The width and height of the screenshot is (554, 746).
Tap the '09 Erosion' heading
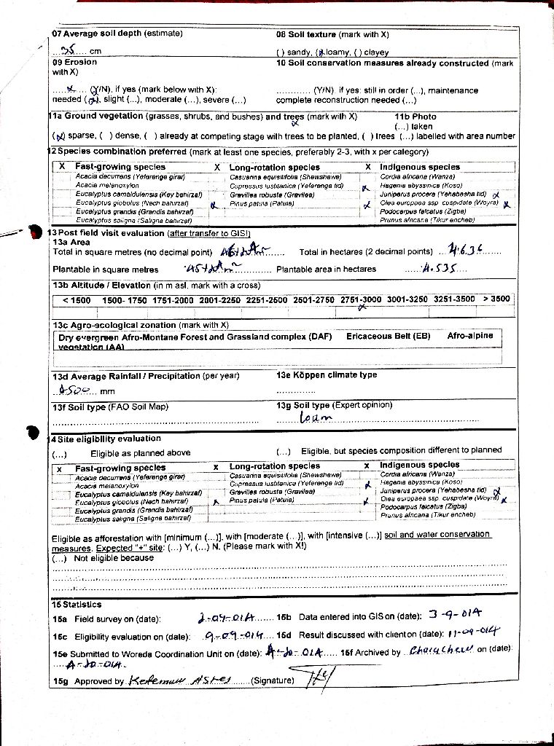74,63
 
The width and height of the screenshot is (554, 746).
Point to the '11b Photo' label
415,117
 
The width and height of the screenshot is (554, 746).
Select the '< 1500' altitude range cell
77,300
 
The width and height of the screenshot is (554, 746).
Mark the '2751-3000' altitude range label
361,299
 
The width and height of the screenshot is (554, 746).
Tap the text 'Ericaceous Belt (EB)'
389,337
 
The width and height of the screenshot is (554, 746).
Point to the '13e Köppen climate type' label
327,375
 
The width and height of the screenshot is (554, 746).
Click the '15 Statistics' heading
77,604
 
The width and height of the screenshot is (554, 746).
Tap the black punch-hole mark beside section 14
31,432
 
